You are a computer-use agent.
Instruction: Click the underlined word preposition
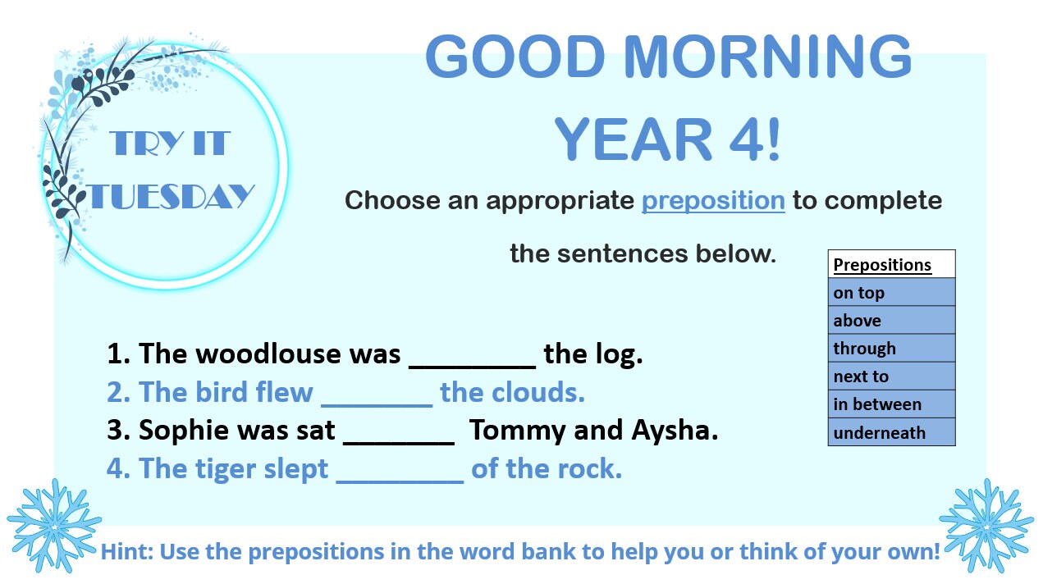(712, 201)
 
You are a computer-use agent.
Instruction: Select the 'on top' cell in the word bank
(891, 293)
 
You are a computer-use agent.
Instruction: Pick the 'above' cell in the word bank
(891, 321)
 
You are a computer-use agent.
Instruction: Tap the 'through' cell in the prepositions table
(891, 349)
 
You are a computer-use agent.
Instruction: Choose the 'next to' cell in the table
(891, 376)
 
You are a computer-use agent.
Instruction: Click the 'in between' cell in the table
(891, 404)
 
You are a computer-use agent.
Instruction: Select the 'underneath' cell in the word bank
(891, 432)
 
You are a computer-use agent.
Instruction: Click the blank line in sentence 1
(472, 361)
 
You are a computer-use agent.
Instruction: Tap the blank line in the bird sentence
(377, 399)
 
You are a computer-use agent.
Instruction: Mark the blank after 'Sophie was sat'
(399, 438)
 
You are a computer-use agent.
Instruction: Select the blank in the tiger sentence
(400, 477)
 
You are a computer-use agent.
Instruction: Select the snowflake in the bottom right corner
(987, 525)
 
